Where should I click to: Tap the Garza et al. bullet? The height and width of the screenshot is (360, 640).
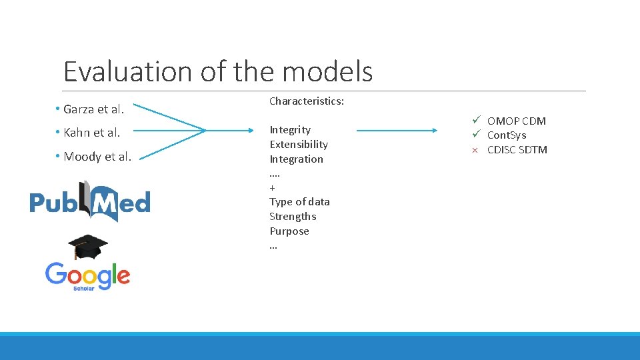coord(94,109)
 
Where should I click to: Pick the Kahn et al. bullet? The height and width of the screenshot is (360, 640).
coord(92,133)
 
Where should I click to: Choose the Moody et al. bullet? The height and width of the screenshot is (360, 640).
coord(97,157)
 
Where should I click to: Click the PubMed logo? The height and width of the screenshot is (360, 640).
coord(90,201)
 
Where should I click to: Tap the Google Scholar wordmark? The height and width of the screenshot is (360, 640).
coord(87,276)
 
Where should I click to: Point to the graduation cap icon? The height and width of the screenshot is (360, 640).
coord(87,247)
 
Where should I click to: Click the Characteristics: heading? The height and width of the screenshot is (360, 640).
coord(307,101)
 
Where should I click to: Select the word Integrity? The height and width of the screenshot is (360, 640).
coord(290,129)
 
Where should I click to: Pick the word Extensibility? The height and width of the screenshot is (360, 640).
coord(299,144)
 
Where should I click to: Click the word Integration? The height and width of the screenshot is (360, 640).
coord(296,159)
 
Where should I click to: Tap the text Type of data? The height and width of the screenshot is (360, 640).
coord(299,201)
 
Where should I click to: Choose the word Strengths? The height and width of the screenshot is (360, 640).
coord(293,216)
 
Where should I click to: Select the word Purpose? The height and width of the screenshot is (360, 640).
coord(289,231)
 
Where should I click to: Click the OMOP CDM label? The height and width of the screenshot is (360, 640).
coord(517,121)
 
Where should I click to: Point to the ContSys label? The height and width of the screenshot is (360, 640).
coord(507,135)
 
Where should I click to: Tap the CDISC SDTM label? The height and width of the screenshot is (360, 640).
coord(517,149)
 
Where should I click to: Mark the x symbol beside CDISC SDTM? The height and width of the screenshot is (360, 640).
coord(475,150)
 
